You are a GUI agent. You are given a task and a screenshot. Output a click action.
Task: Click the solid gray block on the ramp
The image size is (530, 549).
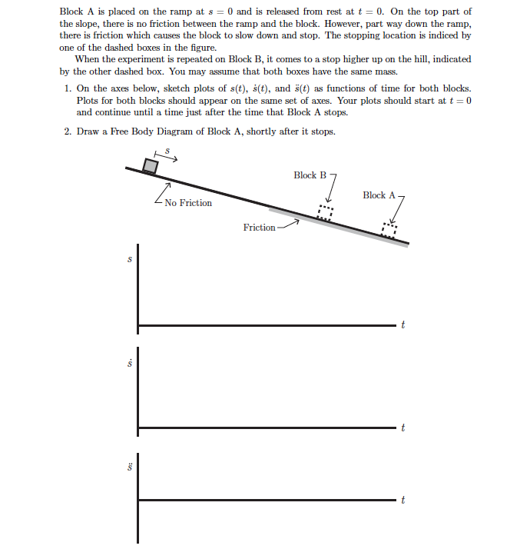[151, 166]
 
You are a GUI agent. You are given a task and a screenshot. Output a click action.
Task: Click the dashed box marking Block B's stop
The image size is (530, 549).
[326, 212]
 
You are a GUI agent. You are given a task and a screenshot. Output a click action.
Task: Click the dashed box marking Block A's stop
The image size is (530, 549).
[390, 229]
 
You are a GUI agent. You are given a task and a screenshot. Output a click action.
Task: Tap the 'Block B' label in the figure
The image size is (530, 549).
[310, 175]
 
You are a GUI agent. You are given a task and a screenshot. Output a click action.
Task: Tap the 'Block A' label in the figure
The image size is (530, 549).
[379, 195]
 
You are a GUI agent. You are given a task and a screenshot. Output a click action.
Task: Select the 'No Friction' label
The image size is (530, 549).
[187, 203]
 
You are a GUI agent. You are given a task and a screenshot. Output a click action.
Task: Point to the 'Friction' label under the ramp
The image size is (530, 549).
[259, 228]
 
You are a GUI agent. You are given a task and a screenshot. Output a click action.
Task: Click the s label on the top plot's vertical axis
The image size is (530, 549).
[130, 260]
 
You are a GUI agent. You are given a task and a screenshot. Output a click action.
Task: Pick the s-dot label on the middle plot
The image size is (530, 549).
[130, 361]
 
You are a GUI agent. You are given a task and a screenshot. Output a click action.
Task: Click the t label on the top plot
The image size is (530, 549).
[402, 326]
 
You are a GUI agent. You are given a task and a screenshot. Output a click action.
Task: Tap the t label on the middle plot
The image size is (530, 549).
[402, 428]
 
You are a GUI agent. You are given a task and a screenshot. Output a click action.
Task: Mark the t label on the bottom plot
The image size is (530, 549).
[402, 501]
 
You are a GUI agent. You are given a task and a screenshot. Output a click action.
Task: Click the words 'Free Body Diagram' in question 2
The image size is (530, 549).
[144, 131]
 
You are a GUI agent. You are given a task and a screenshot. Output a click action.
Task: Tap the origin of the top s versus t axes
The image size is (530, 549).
[139, 326]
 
